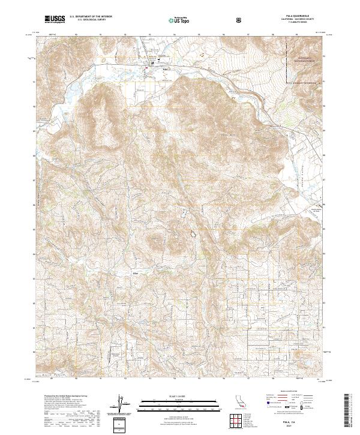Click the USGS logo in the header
tap(55, 19)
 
